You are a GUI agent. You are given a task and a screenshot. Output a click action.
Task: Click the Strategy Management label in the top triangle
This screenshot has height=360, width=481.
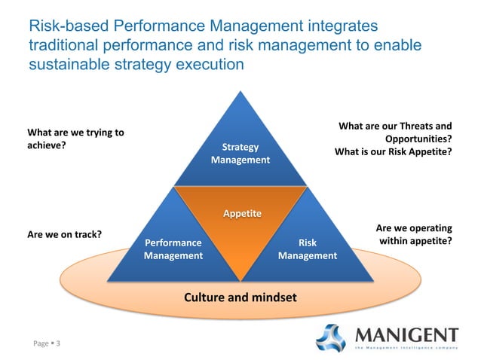pos(240,153)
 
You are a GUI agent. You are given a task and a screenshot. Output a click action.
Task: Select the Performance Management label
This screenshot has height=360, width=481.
pos(173,249)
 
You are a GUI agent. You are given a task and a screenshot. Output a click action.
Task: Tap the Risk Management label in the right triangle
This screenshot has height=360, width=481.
pos(307,249)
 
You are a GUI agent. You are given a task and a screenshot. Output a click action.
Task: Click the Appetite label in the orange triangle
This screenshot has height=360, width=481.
pos(240,214)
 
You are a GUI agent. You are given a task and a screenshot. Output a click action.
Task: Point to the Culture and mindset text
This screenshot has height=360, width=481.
pos(240,297)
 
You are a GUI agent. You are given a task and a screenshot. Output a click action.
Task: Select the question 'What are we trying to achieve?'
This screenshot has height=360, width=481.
pos(75,139)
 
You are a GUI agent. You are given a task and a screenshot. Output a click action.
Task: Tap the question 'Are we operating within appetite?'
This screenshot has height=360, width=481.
pos(413,234)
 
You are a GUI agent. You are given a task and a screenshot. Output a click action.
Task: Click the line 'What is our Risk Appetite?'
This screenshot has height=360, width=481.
pos(393,151)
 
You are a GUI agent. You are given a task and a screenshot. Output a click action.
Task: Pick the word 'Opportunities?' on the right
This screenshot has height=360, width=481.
pos(418,139)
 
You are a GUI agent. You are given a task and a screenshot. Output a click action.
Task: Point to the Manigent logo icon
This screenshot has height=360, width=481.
pos(332,338)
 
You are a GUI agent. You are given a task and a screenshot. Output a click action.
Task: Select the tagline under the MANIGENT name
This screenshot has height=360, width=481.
pos(406,348)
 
